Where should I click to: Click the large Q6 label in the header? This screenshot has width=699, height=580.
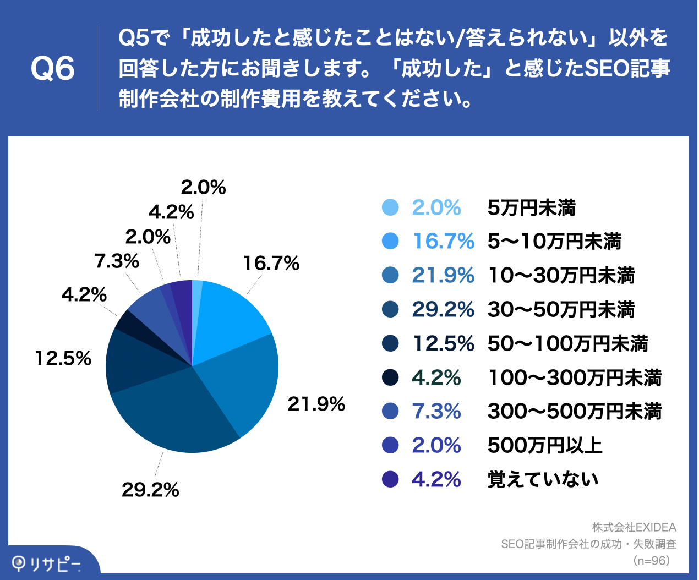click(x=53, y=69)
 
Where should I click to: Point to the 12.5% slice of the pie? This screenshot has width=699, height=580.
click(x=135, y=360)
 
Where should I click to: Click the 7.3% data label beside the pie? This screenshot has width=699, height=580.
click(x=117, y=261)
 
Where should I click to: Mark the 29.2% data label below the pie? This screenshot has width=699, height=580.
click(x=150, y=489)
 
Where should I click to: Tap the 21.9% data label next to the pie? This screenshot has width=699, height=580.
click(x=316, y=404)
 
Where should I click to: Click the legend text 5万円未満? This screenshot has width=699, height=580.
click(x=531, y=207)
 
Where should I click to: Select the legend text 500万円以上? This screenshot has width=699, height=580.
click(x=545, y=445)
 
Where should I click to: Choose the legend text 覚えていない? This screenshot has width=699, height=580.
click(x=543, y=479)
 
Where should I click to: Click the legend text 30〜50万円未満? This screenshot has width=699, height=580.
click(x=561, y=309)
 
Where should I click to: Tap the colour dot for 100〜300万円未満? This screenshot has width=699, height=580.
click(x=390, y=377)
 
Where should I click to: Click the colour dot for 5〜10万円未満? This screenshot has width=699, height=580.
click(x=390, y=241)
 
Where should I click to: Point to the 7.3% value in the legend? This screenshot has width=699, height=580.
click(x=436, y=411)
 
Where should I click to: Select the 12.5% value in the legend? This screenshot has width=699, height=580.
click(x=443, y=343)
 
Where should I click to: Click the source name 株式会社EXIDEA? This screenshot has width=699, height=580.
click(x=634, y=527)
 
